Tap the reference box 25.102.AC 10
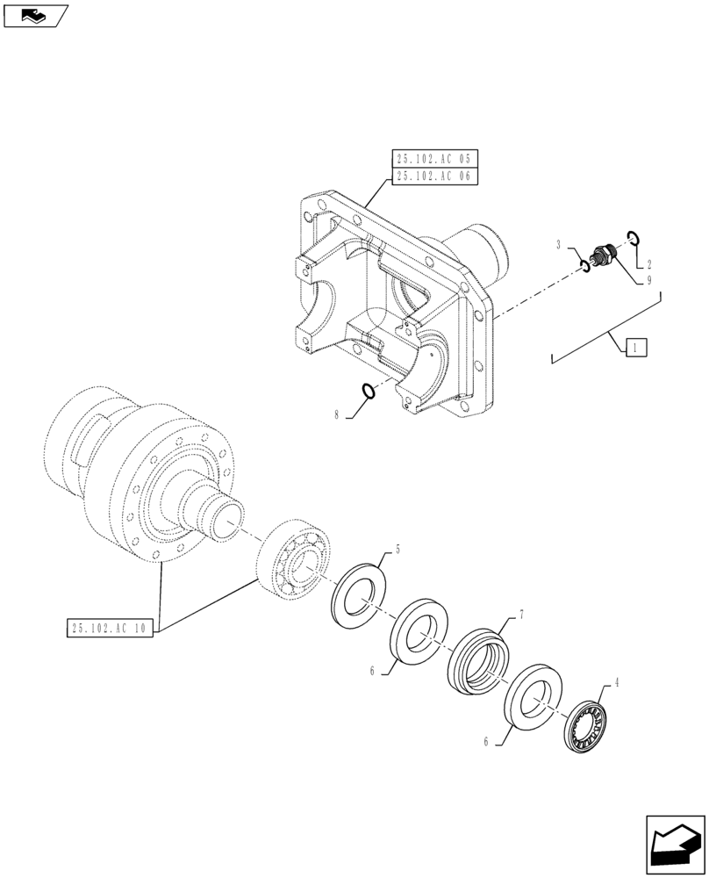tap(110, 629)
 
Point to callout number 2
tap(648, 264)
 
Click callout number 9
tap(648, 281)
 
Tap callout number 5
tap(397, 551)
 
